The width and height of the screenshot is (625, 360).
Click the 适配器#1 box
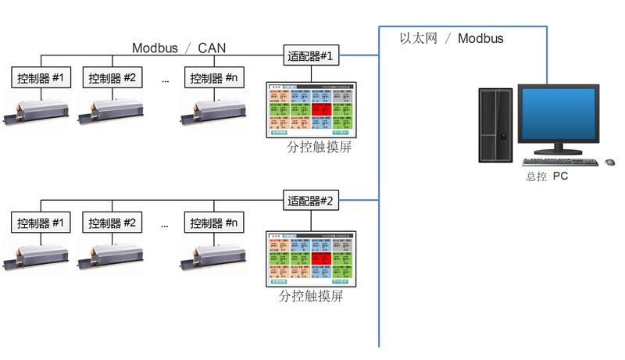tap(311, 55)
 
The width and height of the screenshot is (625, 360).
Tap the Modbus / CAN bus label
tap(179, 48)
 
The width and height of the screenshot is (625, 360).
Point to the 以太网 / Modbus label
tap(452, 37)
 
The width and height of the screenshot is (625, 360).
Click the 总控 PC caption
tap(546, 176)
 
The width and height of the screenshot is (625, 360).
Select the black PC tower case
tap(495, 125)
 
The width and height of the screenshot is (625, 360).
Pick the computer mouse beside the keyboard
tap(610, 162)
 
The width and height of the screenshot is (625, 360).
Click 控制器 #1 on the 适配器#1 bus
tap(41, 78)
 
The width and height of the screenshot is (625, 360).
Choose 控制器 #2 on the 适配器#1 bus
tap(112, 78)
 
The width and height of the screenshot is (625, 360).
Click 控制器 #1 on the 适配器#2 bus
tap(41, 223)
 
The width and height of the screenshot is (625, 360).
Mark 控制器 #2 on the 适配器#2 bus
tap(112, 223)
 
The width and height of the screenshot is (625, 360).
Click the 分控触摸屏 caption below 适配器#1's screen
tap(312, 148)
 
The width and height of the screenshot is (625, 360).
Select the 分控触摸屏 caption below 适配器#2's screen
tap(312, 297)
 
